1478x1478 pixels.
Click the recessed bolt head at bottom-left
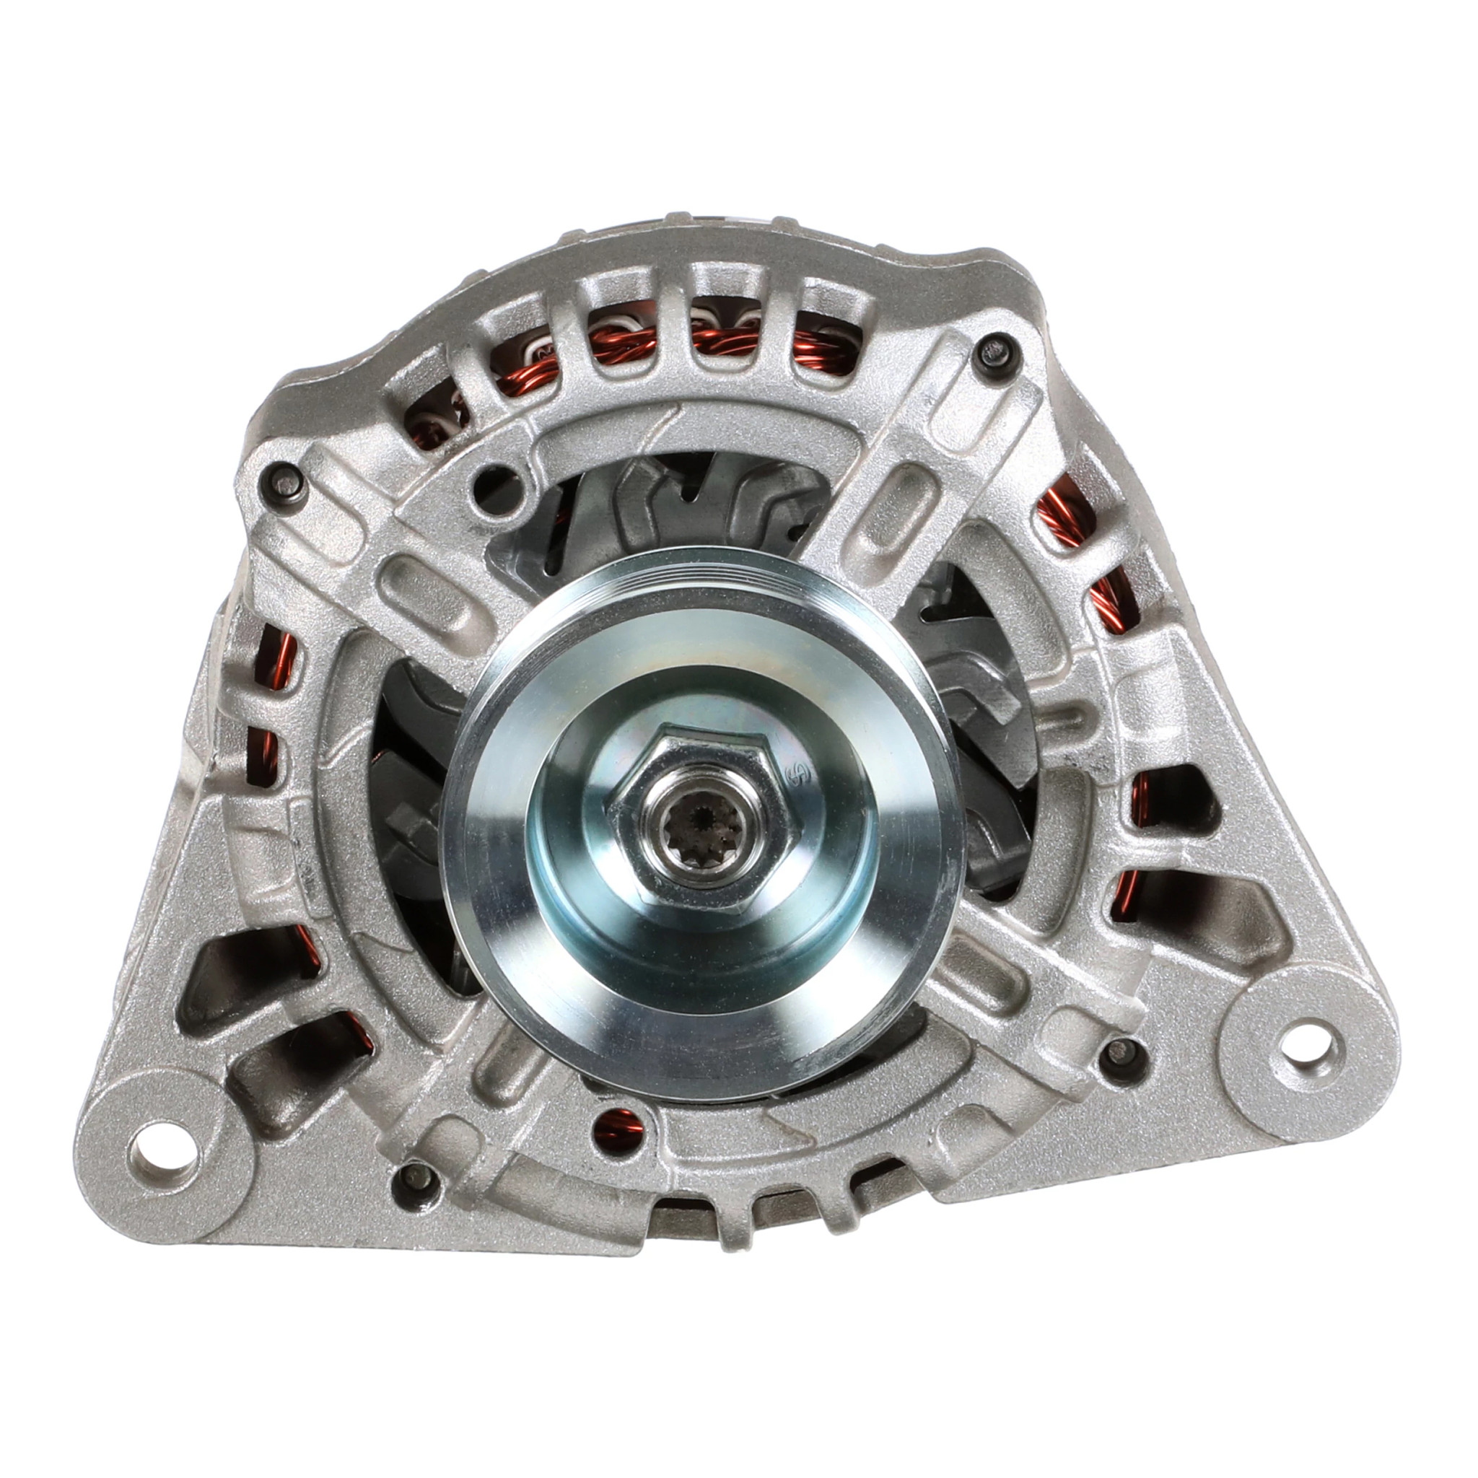[416, 1194]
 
